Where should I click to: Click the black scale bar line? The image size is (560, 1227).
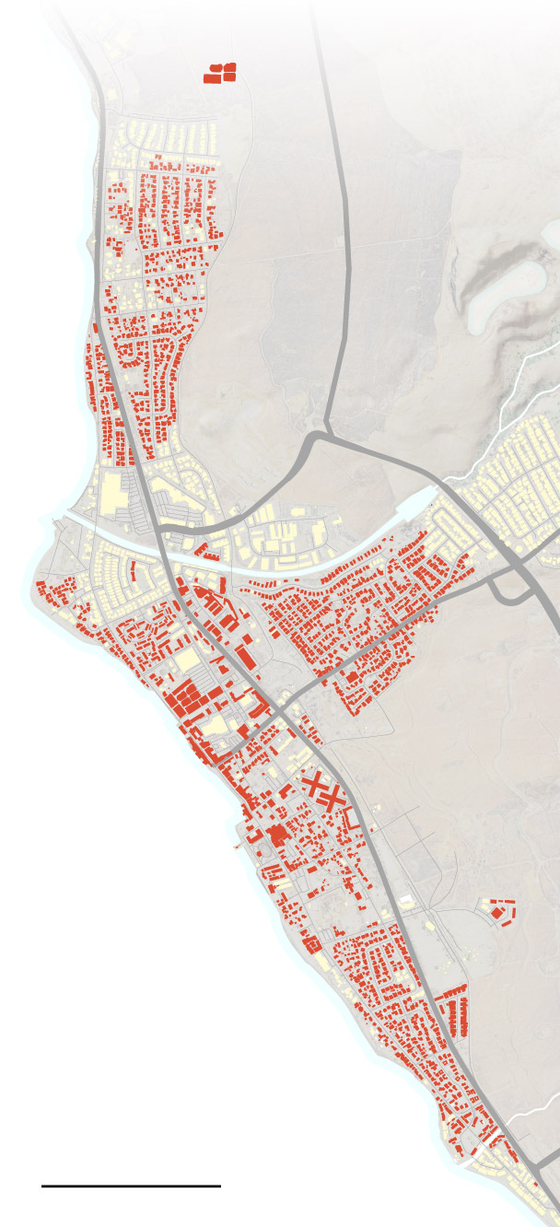point(131,1186)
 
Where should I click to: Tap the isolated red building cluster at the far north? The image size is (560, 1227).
point(219,73)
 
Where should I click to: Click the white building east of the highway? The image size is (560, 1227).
point(406,898)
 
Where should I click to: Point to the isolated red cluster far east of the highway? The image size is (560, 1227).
point(500,911)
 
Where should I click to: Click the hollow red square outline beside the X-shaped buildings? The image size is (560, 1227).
point(351,816)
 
